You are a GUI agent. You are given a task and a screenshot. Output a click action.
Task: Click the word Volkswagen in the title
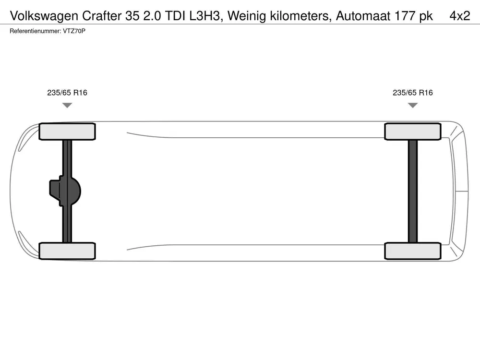coord(44,16)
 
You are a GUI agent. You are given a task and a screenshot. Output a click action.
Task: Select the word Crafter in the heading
coord(102,16)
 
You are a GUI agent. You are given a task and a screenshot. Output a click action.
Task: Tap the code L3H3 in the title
coord(204,16)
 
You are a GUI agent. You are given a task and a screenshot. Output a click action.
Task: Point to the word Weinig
coord(246,16)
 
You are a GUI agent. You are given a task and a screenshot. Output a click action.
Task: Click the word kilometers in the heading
coord(300,16)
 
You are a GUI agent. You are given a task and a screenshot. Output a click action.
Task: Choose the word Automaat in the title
coord(363,16)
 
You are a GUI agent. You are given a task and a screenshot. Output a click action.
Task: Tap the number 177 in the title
coord(405,16)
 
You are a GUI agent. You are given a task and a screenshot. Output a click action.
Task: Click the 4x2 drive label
coord(460,16)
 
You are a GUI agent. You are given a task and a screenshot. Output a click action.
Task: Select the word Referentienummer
coord(35,31)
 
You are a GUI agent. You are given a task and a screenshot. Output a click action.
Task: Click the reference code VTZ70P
coord(74,31)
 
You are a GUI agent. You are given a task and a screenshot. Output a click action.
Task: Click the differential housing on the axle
coord(65,191)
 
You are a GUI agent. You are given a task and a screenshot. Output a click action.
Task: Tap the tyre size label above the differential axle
coord(67,93)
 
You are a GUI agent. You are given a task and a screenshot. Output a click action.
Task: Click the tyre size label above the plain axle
coord(413,93)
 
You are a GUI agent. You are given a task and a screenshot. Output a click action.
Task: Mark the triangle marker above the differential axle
coord(67,105)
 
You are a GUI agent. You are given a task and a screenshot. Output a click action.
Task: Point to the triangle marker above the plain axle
coord(413,105)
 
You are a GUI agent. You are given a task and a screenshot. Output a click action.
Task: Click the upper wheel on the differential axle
coord(67,132)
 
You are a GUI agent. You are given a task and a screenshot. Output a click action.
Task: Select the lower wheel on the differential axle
coord(67,251)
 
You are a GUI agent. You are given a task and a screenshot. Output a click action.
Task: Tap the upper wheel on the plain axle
coord(413,132)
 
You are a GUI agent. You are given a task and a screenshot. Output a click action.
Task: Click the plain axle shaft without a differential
coord(413,192)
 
